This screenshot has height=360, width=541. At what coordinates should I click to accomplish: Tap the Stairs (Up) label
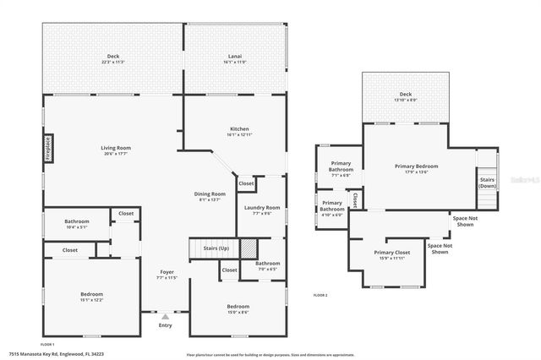[216, 248]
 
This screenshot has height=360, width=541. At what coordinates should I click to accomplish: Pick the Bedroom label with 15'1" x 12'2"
[91, 296]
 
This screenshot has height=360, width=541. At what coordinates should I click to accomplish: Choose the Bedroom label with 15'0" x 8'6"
[238, 308]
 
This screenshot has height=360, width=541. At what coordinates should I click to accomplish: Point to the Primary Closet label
[390, 254]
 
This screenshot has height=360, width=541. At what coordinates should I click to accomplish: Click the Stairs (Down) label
[488, 183]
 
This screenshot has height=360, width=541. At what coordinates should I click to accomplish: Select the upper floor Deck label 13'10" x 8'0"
[405, 97]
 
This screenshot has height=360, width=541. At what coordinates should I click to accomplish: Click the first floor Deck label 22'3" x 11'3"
[113, 59]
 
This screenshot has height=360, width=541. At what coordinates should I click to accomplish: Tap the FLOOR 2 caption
[320, 295]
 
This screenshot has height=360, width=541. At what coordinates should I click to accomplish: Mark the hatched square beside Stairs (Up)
[249, 248]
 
